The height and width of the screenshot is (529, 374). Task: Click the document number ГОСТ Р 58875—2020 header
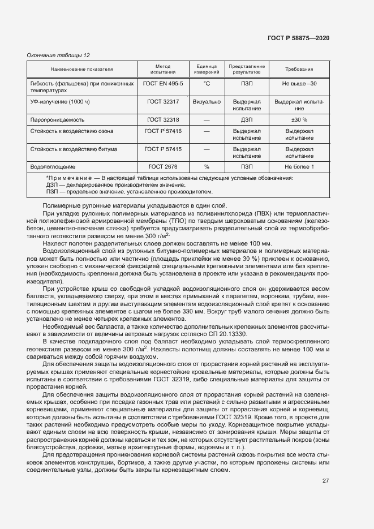(298, 38)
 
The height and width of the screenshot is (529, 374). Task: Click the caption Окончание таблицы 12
(58, 55)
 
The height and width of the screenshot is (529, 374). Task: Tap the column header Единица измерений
(207, 69)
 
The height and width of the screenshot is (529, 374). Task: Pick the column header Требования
(299, 69)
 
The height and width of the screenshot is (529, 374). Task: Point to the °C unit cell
(207, 83)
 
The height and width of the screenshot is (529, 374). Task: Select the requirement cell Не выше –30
(299, 83)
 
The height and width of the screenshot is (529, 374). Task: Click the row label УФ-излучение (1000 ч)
(60, 101)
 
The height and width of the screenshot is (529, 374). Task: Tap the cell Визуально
(207, 101)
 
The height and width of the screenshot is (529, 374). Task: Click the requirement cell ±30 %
(299, 120)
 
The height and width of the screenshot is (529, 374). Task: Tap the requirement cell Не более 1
(299, 167)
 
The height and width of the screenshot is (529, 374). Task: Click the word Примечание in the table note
(68, 178)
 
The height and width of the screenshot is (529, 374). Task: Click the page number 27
(325, 481)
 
